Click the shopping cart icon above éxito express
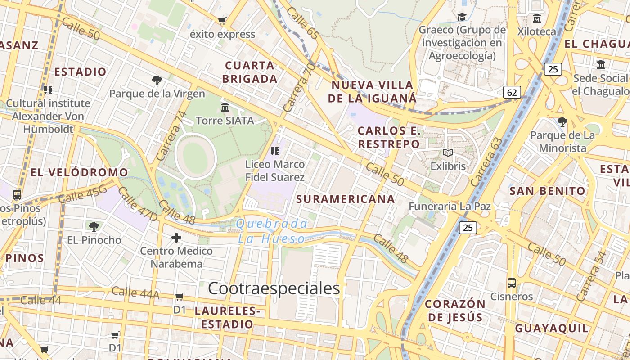222,21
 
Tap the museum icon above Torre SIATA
225,107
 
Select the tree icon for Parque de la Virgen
157,81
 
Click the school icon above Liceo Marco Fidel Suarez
274,151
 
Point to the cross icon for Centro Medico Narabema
176,237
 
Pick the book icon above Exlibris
448,153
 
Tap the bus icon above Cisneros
512,283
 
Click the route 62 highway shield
512,93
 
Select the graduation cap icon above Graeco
462,17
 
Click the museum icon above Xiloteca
536,18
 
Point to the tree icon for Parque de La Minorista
562,121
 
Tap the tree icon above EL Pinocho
94,226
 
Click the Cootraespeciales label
274,288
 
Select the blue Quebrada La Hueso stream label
272,231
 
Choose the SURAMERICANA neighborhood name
346,199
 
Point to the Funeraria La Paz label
450,207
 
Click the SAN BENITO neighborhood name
547,191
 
